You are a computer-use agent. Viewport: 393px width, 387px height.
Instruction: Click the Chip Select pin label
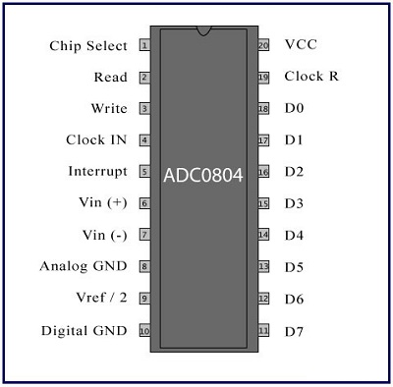coord(88,46)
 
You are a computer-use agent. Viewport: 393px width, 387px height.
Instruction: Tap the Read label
coord(110,78)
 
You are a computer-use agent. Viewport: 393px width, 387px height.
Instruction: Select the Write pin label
coord(109,109)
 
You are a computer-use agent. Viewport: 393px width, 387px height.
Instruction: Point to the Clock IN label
coord(96,140)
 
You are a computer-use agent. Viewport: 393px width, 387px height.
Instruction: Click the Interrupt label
coord(97,172)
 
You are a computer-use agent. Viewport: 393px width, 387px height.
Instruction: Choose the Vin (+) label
coord(102,203)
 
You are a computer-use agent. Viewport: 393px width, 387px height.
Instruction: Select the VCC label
coord(301,45)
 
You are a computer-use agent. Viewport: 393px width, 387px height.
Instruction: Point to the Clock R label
coord(311,77)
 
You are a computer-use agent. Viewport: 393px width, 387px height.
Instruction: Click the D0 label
coord(294,109)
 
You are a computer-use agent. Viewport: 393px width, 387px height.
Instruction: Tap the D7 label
coord(294,330)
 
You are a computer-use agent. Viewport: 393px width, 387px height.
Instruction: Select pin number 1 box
coord(144,45)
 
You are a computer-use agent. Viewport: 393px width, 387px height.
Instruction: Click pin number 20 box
coord(263,45)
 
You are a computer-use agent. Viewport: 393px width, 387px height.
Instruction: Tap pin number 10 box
coord(144,330)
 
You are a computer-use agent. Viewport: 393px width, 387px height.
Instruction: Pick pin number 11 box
coord(263,330)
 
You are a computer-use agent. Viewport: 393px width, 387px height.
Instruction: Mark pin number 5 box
coord(144,172)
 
